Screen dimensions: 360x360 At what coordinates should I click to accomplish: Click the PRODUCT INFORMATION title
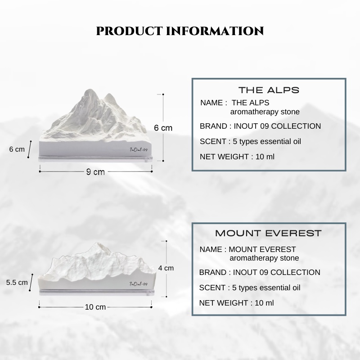pos(180,31)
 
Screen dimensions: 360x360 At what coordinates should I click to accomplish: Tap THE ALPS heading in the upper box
pos(269,90)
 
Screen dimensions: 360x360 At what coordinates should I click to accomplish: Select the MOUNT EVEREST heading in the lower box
pos(268,233)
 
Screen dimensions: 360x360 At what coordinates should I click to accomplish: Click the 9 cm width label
pos(95,172)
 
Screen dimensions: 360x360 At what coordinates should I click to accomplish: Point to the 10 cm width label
pos(95,307)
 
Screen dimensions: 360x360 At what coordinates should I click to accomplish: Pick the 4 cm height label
pos(166,268)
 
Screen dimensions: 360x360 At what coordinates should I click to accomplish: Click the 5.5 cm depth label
pos(17,283)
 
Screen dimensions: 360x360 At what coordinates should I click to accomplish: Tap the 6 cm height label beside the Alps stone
pos(163,128)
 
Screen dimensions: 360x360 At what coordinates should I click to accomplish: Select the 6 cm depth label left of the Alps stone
pos(17,149)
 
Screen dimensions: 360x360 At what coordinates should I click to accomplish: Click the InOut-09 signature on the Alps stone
pos(139,150)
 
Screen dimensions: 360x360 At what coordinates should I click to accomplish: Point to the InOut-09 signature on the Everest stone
pos(139,284)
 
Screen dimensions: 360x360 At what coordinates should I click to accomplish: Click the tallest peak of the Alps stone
pos(89,90)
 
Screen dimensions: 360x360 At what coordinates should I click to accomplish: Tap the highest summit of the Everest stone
pos(98,243)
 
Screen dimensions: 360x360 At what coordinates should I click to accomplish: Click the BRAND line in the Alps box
pos(260,126)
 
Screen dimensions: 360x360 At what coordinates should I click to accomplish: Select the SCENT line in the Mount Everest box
pos(250,288)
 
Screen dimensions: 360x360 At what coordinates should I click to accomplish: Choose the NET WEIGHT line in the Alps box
pos(237,157)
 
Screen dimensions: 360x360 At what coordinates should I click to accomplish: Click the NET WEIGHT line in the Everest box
pos(236,303)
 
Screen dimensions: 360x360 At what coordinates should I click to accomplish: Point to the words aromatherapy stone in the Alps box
pos(265,112)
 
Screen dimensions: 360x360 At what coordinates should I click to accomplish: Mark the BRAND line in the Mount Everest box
pos(260,272)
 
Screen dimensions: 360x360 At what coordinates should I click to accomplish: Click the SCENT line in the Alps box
pos(250,141)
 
